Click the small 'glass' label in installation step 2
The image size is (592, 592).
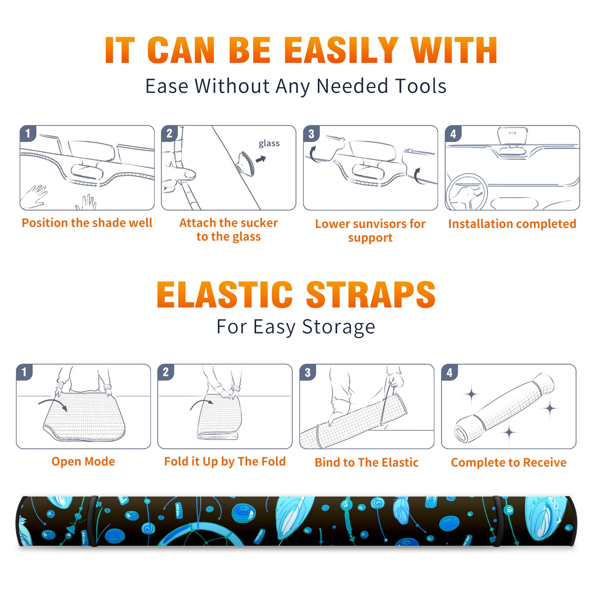pyautogui.click(x=269, y=144)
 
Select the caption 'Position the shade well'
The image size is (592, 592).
pyautogui.click(x=87, y=223)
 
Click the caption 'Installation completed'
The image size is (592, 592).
pyautogui.click(x=512, y=224)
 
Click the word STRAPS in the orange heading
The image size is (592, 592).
pyautogui.click(x=371, y=295)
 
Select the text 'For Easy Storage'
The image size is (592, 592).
pyautogui.click(x=296, y=327)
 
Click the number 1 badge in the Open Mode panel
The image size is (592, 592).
pyautogui.click(x=24, y=372)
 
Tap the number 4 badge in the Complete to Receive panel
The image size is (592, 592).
pyautogui.click(x=450, y=372)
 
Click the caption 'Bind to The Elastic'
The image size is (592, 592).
pyautogui.click(x=367, y=462)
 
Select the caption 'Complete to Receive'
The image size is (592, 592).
pyautogui.click(x=509, y=462)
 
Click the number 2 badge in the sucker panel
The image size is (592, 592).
pyautogui.click(x=169, y=134)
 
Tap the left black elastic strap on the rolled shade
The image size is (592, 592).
pyautogui.click(x=93, y=521)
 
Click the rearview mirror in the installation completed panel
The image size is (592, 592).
pyautogui.click(x=512, y=135)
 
